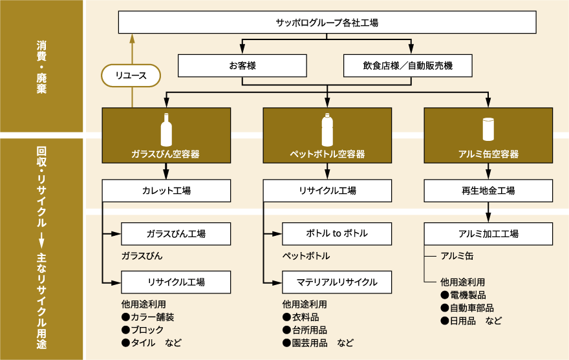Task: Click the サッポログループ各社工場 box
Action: click(327, 23)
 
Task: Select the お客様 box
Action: click(242, 65)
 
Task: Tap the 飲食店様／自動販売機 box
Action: click(408, 65)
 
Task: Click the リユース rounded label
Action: click(131, 76)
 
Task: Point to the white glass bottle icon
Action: click(166, 130)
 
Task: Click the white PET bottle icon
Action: click(327, 130)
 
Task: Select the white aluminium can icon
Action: click(488, 129)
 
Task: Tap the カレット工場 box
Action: click(166, 191)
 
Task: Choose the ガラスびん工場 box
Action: click(176, 233)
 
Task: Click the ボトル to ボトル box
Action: click(336, 233)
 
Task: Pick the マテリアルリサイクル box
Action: click(336, 282)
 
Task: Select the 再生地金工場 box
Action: click(488, 191)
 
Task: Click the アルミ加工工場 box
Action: click(488, 233)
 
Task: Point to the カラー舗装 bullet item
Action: click(148, 317)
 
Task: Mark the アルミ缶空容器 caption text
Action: click(488, 154)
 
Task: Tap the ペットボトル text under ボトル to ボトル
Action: click(306, 256)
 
